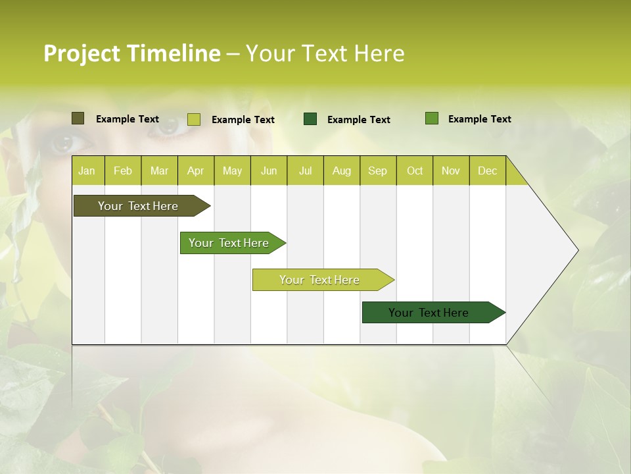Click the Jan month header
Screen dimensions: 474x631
pyautogui.click(x=87, y=171)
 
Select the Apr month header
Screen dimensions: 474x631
pyautogui.click(x=195, y=171)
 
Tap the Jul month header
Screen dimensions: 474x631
pyautogui.click(x=305, y=171)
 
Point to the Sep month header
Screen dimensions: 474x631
pyautogui.click(x=377, y=171)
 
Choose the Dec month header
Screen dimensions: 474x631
pyautogui.click(x=487, y=171)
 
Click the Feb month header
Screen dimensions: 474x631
pyautogui.click(x=123, y=171)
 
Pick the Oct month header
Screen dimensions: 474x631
pyautogui.click(x=415, y=171)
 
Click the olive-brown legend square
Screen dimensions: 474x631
pyautogui.click(x=78, y=118)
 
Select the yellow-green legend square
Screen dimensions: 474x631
pyautogui.click(x=193, y=119)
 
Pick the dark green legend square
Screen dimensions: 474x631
pyautogui.click(x=310, y=119)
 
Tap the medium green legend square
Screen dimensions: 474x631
pyautogui.click(x=431, y=118)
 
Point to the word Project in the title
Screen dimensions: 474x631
pyautogui.click(x=82, y=53)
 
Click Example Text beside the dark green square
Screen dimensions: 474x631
pyautogui.click(x=358, y=120)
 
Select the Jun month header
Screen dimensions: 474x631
pyautogui.click(x=269, y=171)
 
